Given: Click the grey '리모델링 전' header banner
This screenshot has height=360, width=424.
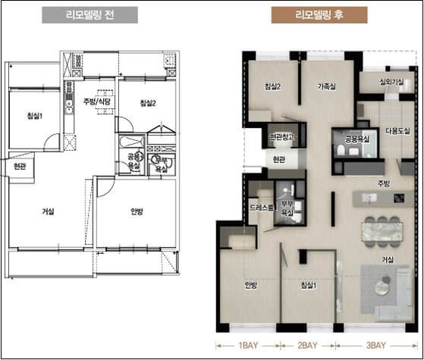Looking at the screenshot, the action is (x=90, y=15).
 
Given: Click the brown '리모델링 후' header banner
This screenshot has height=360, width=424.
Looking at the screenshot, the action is (x=319, y=15).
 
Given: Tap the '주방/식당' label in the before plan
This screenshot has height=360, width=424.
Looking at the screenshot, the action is (x=97, y=102).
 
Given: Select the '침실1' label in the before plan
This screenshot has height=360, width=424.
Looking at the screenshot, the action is (x=35, y=116).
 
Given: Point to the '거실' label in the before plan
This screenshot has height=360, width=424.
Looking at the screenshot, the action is (x=48, y=211).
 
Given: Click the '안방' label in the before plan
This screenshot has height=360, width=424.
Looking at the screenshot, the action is (x=137, y=211).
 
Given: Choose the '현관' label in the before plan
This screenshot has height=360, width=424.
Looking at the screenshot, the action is (x=20, y=167).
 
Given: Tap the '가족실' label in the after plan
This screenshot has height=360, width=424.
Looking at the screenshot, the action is (x=327, y=86).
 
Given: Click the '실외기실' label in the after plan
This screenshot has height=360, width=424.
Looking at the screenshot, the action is (x=392, y=81).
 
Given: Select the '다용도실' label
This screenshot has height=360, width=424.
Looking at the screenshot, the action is (x=397, y=131).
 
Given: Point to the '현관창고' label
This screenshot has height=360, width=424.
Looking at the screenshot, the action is (x=281, y=136).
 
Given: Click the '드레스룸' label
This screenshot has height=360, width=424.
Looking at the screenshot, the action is (x=262, y=208).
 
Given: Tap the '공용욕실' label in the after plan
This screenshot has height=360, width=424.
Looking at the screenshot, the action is (x=357, y=139).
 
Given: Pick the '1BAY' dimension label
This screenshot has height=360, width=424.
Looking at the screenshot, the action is (x=248, y=346).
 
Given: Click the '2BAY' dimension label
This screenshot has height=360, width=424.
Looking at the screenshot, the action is (x=307, y=346).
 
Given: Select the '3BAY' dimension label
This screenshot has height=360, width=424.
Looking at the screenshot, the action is (x=376, y=346).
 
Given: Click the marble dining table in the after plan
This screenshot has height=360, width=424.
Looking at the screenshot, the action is (x=382, y=232).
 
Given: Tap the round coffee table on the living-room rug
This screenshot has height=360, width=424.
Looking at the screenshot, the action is (x=382, y=287).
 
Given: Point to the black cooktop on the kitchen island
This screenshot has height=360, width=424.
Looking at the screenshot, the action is (x=399, y=198).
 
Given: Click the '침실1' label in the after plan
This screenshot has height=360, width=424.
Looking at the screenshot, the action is (x=309, y=285).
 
